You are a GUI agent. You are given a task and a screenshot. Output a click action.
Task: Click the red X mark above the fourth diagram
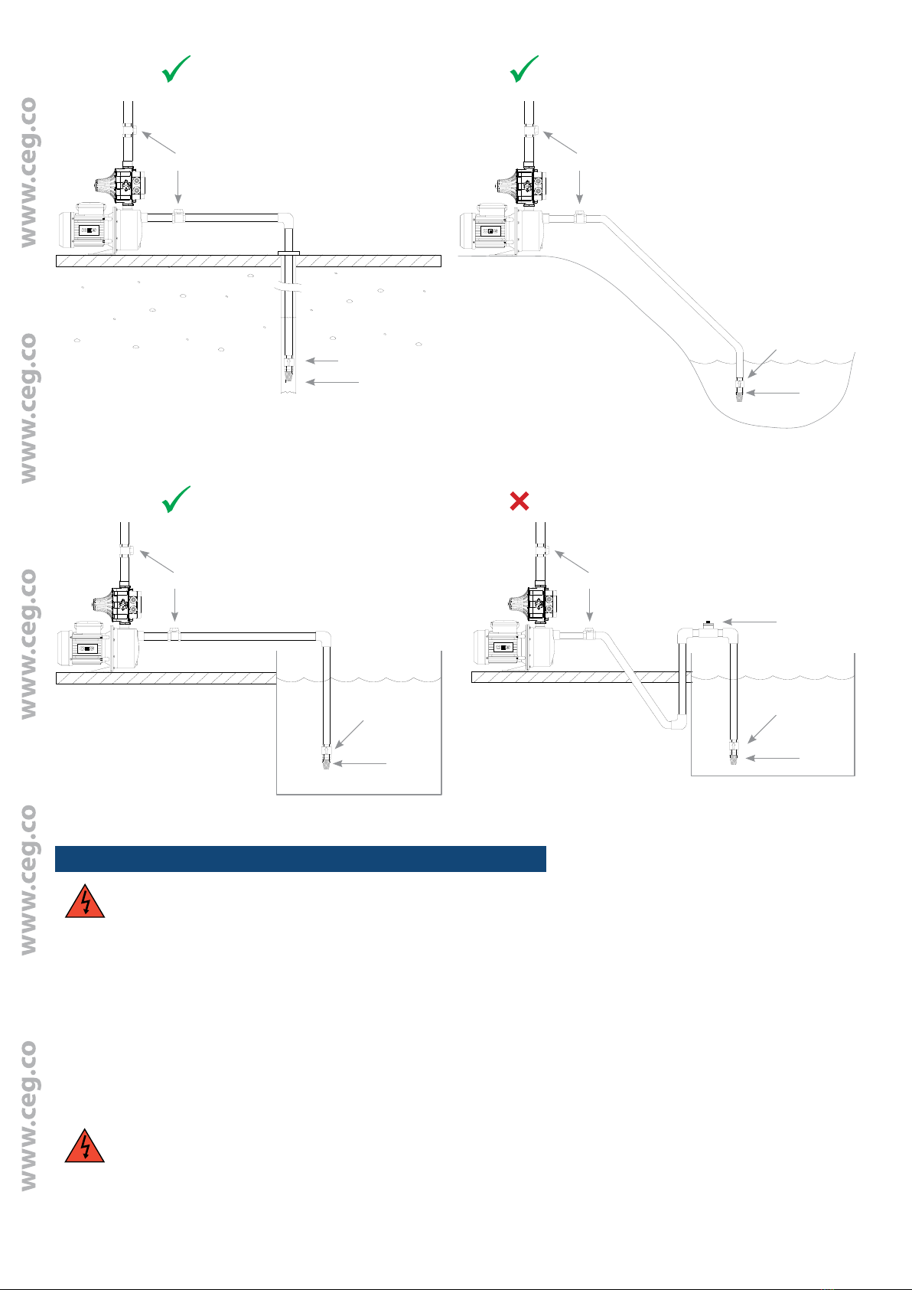[519, 501]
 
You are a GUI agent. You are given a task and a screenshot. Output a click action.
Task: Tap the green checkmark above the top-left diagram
[175, 70]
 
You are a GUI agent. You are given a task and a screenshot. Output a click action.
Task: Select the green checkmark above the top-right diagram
[523, 70]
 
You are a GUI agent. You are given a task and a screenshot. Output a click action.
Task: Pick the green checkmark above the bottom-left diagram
[175, 499]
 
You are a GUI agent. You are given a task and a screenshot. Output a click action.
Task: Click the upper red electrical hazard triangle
[85, 902]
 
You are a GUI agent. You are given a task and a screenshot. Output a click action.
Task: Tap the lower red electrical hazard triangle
[85, 1146]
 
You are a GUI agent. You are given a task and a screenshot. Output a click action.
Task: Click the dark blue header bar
[301, 859]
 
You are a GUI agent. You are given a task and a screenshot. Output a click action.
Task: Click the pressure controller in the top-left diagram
[121, 185]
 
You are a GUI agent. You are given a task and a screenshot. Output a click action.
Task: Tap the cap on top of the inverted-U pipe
[708, 624]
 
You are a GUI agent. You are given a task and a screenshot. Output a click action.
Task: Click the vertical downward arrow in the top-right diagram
[579, 187]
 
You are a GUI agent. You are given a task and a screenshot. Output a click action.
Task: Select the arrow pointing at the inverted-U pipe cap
[750, 622]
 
